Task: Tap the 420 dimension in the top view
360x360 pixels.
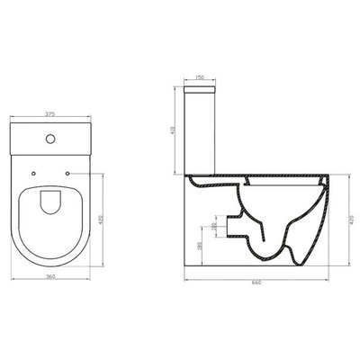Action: point(109,214)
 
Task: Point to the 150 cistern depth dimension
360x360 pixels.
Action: point(200,77)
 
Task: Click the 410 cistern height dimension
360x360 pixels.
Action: point(173,129)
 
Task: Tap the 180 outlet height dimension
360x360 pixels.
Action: point(200,245)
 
